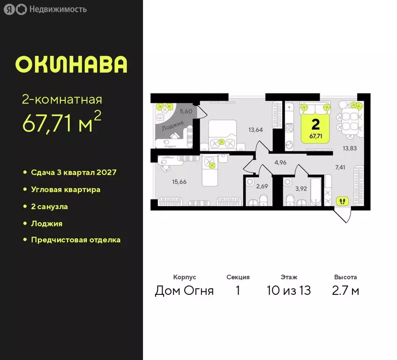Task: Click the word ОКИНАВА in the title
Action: (x=71, y=65)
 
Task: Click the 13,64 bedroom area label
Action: (x=256, y=130)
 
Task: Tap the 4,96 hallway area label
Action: (x=280, y=163)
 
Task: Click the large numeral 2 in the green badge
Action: (x=315, y=124)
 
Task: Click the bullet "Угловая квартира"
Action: (x=65, y=189)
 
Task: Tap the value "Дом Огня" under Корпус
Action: (x=184, y=291)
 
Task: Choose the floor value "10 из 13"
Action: (x=289, y=291)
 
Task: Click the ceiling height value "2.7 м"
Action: (x=345, y=291)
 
